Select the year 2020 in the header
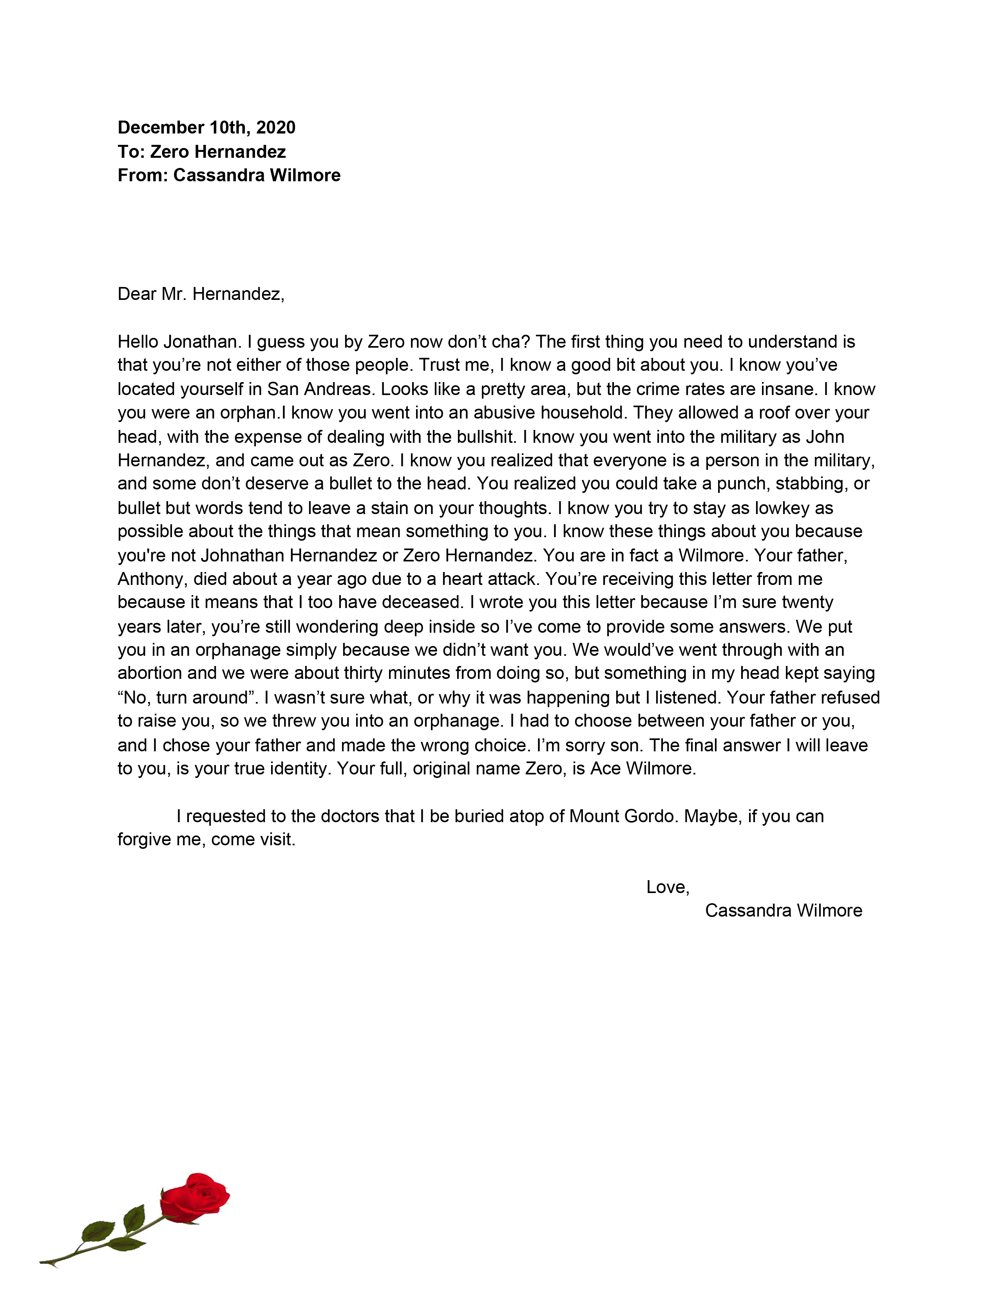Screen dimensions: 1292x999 [276, 128]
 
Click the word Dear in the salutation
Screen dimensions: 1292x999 [137, 294]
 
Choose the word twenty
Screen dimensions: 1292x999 [807, 602]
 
